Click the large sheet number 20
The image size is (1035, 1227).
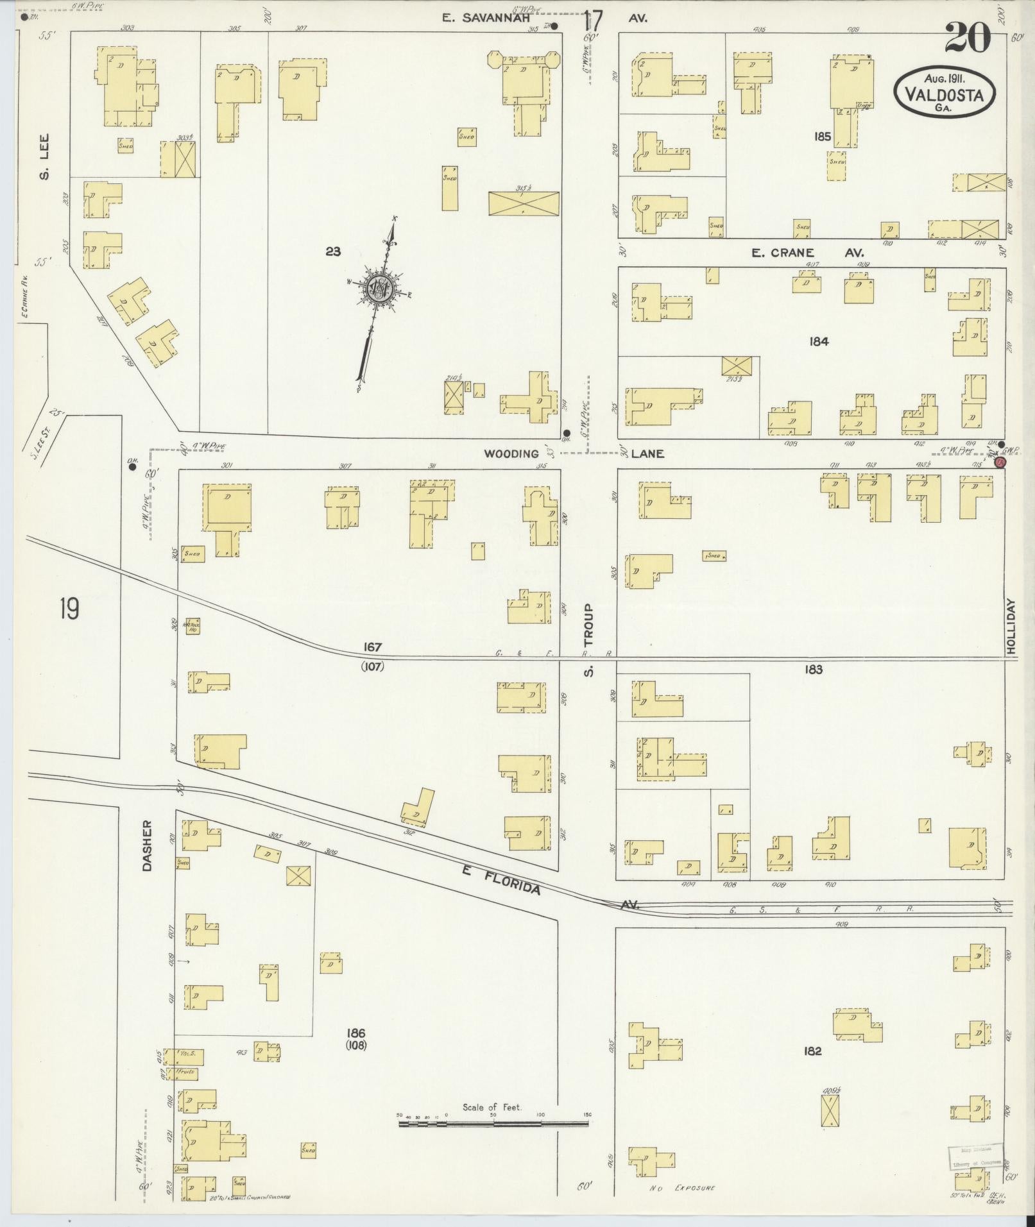pyautogui.click(x=967, y=39)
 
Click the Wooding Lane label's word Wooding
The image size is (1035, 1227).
pyautogui.click(x=511, y=453)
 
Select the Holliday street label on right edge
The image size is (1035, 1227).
pyautogui.click(x=1012, y=627)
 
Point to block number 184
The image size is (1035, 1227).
pyautogui.click(x=819, y=341)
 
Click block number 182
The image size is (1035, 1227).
pyautogui.click(x=812, y=1051)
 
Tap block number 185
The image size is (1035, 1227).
pyautogui.click(x=822, y=136)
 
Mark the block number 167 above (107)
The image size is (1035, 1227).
pyautogui.click(x=372, y=647)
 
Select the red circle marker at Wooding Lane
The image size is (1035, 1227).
pyautogui.click(x=998, y=462)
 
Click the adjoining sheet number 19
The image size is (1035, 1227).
pyautogui.click(x=69, y=608)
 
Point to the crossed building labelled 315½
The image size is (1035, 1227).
pyautogui.click(x=523, y=204)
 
